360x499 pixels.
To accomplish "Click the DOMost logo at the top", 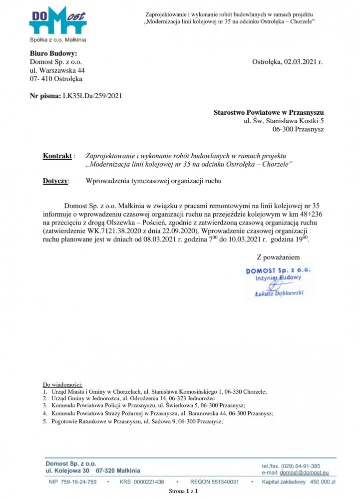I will (x=57, y=24).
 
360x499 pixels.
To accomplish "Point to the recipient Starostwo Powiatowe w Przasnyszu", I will (x=269, y=112).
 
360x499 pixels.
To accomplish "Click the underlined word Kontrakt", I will (x=57, y=156).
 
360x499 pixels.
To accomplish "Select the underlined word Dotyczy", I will (x=55, y=181).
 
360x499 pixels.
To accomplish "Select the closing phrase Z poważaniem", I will (x=278, y=257).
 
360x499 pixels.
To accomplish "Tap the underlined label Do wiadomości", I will (x=62, y=385).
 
